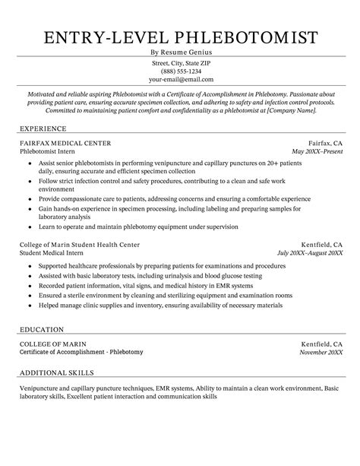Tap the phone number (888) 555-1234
click(x=180, y=71)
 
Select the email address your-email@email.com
click(x=180, y=79)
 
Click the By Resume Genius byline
click(x=180, y=52)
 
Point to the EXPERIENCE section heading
click(x=43, y=128)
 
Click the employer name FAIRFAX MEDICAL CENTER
click(x=65, y=143)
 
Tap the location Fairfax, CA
click(x=324, y=143)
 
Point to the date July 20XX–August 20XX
click(x=309, y=253)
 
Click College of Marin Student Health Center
click(x=80, y=244)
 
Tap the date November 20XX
click(x=320, y=353)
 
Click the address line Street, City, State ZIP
click(x=180, y=62)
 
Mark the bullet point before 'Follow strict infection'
click(x=29, y=182)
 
